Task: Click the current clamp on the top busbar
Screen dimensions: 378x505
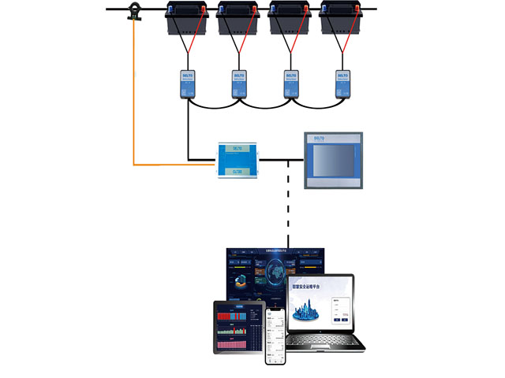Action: (x=133, y=12)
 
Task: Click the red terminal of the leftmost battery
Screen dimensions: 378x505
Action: (x=203, y=9)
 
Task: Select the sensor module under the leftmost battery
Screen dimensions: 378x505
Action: (x=188, y=83)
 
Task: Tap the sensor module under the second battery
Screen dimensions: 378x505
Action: (x=240, y=83)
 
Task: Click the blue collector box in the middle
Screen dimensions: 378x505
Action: (x=238, y=159)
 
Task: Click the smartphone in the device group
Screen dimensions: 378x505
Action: (x=276, y=335)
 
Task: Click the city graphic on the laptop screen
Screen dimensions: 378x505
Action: (x=307, y=309)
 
